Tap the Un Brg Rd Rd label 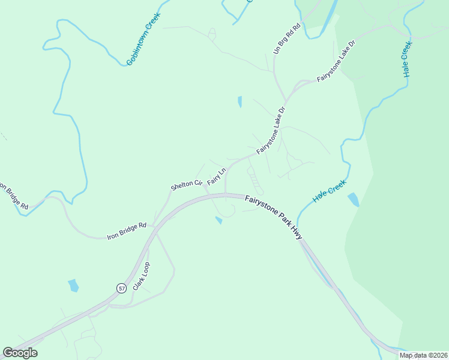point(285,40)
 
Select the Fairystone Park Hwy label point(274,216)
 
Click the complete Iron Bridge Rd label point(127,231)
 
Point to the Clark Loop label point(141,277)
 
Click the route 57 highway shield point(121,288)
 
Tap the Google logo point(20,353)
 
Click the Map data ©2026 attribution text point(423,355)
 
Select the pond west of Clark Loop point(73,285)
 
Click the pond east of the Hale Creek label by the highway point(354,199)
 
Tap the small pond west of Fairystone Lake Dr point(240,102)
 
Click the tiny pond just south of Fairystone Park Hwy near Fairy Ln point(219,221)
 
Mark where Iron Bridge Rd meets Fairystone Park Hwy point(154,227)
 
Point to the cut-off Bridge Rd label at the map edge point(13,197)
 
